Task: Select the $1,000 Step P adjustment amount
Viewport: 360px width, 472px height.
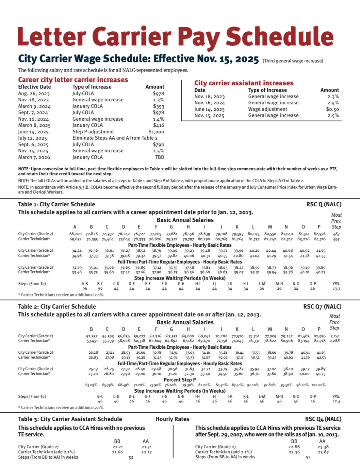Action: [156, 132]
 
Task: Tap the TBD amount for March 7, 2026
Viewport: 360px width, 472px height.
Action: [160, 157]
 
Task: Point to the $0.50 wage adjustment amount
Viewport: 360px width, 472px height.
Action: [332, 109]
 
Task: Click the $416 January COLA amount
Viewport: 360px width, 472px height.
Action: [158, 125]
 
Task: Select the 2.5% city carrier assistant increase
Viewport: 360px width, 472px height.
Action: [333, 115]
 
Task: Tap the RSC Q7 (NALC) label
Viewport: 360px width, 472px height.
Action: [322, 307]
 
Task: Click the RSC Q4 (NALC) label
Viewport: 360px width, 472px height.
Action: [323, 419]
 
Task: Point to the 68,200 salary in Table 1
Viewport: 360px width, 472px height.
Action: [75, 234]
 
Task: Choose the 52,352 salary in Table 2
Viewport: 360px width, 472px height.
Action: [92, 336]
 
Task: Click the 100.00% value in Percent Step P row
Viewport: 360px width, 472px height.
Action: [319, 385]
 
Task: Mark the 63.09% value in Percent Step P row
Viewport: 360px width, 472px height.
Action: [91, 385]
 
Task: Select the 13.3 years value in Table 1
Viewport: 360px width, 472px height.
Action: [336, 289]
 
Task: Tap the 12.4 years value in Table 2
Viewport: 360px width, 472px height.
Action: [336, 401]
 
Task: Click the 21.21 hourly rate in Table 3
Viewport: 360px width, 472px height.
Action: [118, 447]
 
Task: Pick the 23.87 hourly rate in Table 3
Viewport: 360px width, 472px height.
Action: [323, 452]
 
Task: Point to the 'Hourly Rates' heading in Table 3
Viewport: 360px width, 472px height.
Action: [172, 419]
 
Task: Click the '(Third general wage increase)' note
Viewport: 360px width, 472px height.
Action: [293, 61]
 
